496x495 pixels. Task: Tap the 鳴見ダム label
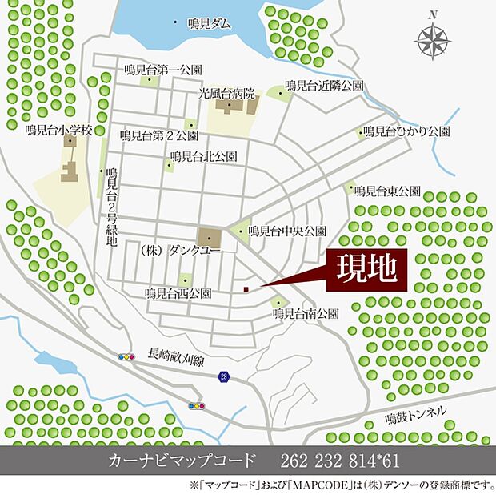[x=210, y=24]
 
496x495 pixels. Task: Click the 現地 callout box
[x=365, y=269]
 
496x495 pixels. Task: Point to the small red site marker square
[x=246, y=289]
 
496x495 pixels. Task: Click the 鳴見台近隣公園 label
[x=325, y=85]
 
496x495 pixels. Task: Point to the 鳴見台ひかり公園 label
[x=406, y=131]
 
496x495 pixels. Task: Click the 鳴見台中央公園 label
[x=287, y=231]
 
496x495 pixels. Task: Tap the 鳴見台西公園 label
[x=178, y=295]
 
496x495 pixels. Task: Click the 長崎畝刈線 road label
[x=181, y=352]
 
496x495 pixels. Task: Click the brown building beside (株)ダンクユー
[x=210, y=237]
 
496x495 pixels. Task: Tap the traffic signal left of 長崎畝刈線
[x=126, y=357]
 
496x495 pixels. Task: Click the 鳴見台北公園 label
[x=203, y=157]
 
